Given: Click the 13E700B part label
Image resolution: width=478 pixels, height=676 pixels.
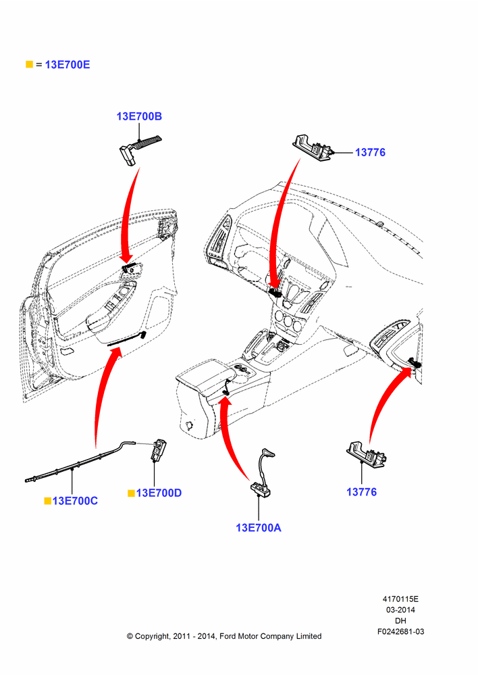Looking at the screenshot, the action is click(139, 116).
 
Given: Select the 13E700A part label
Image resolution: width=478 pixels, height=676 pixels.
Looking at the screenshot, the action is click(259, 528).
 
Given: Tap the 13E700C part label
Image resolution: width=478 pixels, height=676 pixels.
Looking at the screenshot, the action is click(75, 501).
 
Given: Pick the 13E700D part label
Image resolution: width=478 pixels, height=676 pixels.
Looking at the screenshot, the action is click(159, 493).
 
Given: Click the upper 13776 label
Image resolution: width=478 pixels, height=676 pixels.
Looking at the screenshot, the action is click(371, 152).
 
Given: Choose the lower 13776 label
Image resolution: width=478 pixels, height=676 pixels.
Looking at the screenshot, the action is click(362, 492).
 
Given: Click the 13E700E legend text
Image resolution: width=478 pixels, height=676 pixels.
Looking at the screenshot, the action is click(68, 65).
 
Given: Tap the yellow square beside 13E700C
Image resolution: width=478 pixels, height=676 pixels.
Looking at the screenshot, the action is click(48, 500).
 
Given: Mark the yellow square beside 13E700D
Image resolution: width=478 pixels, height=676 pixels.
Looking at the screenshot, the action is click(132, 493).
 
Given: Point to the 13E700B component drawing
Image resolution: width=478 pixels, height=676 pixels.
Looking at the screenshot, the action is click(138, 149).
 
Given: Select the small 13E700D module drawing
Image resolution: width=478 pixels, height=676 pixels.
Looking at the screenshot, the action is click(159, 450).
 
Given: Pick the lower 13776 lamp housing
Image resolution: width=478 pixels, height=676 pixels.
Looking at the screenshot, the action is click(367, 455).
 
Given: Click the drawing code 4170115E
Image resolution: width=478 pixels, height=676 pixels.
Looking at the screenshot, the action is click(400, 599).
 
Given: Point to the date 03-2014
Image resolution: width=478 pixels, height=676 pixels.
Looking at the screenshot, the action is click(400, 610).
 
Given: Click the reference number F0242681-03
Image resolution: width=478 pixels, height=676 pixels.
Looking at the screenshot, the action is click(400, 631).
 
